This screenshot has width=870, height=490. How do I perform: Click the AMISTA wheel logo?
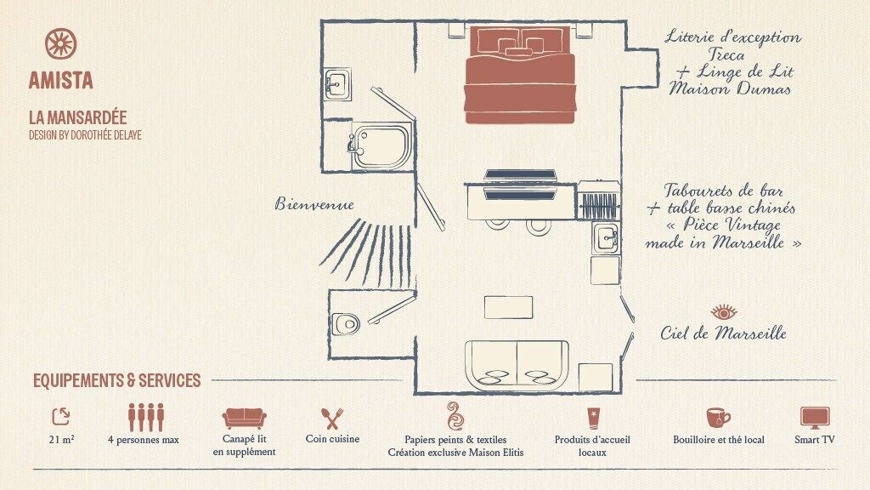click(60, 44)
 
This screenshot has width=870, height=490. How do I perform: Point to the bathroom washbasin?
click(338, 83)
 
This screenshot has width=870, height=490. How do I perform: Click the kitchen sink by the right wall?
click(607, 238)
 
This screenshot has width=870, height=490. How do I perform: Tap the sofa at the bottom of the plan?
click(517, 364)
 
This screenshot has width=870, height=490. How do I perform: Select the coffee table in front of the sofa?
click(508, 307)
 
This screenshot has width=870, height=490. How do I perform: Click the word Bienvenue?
click(314, 204)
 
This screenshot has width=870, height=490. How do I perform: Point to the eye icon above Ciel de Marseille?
click(724, 311)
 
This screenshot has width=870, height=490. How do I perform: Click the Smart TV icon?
click(814, 418)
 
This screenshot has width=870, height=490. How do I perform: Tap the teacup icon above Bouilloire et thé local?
click(718, 418)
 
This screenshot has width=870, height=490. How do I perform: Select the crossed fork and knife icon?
click(332, 419)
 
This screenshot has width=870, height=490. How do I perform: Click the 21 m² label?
click(61, 440)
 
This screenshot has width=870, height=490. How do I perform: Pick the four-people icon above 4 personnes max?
click(146, 417)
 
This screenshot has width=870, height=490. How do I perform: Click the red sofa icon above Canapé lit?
click(244, 418)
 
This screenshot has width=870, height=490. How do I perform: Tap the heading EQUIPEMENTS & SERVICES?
click(116, 380)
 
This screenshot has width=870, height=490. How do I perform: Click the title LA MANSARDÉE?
click(77, 117)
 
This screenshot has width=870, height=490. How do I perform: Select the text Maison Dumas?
click(730, 88)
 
